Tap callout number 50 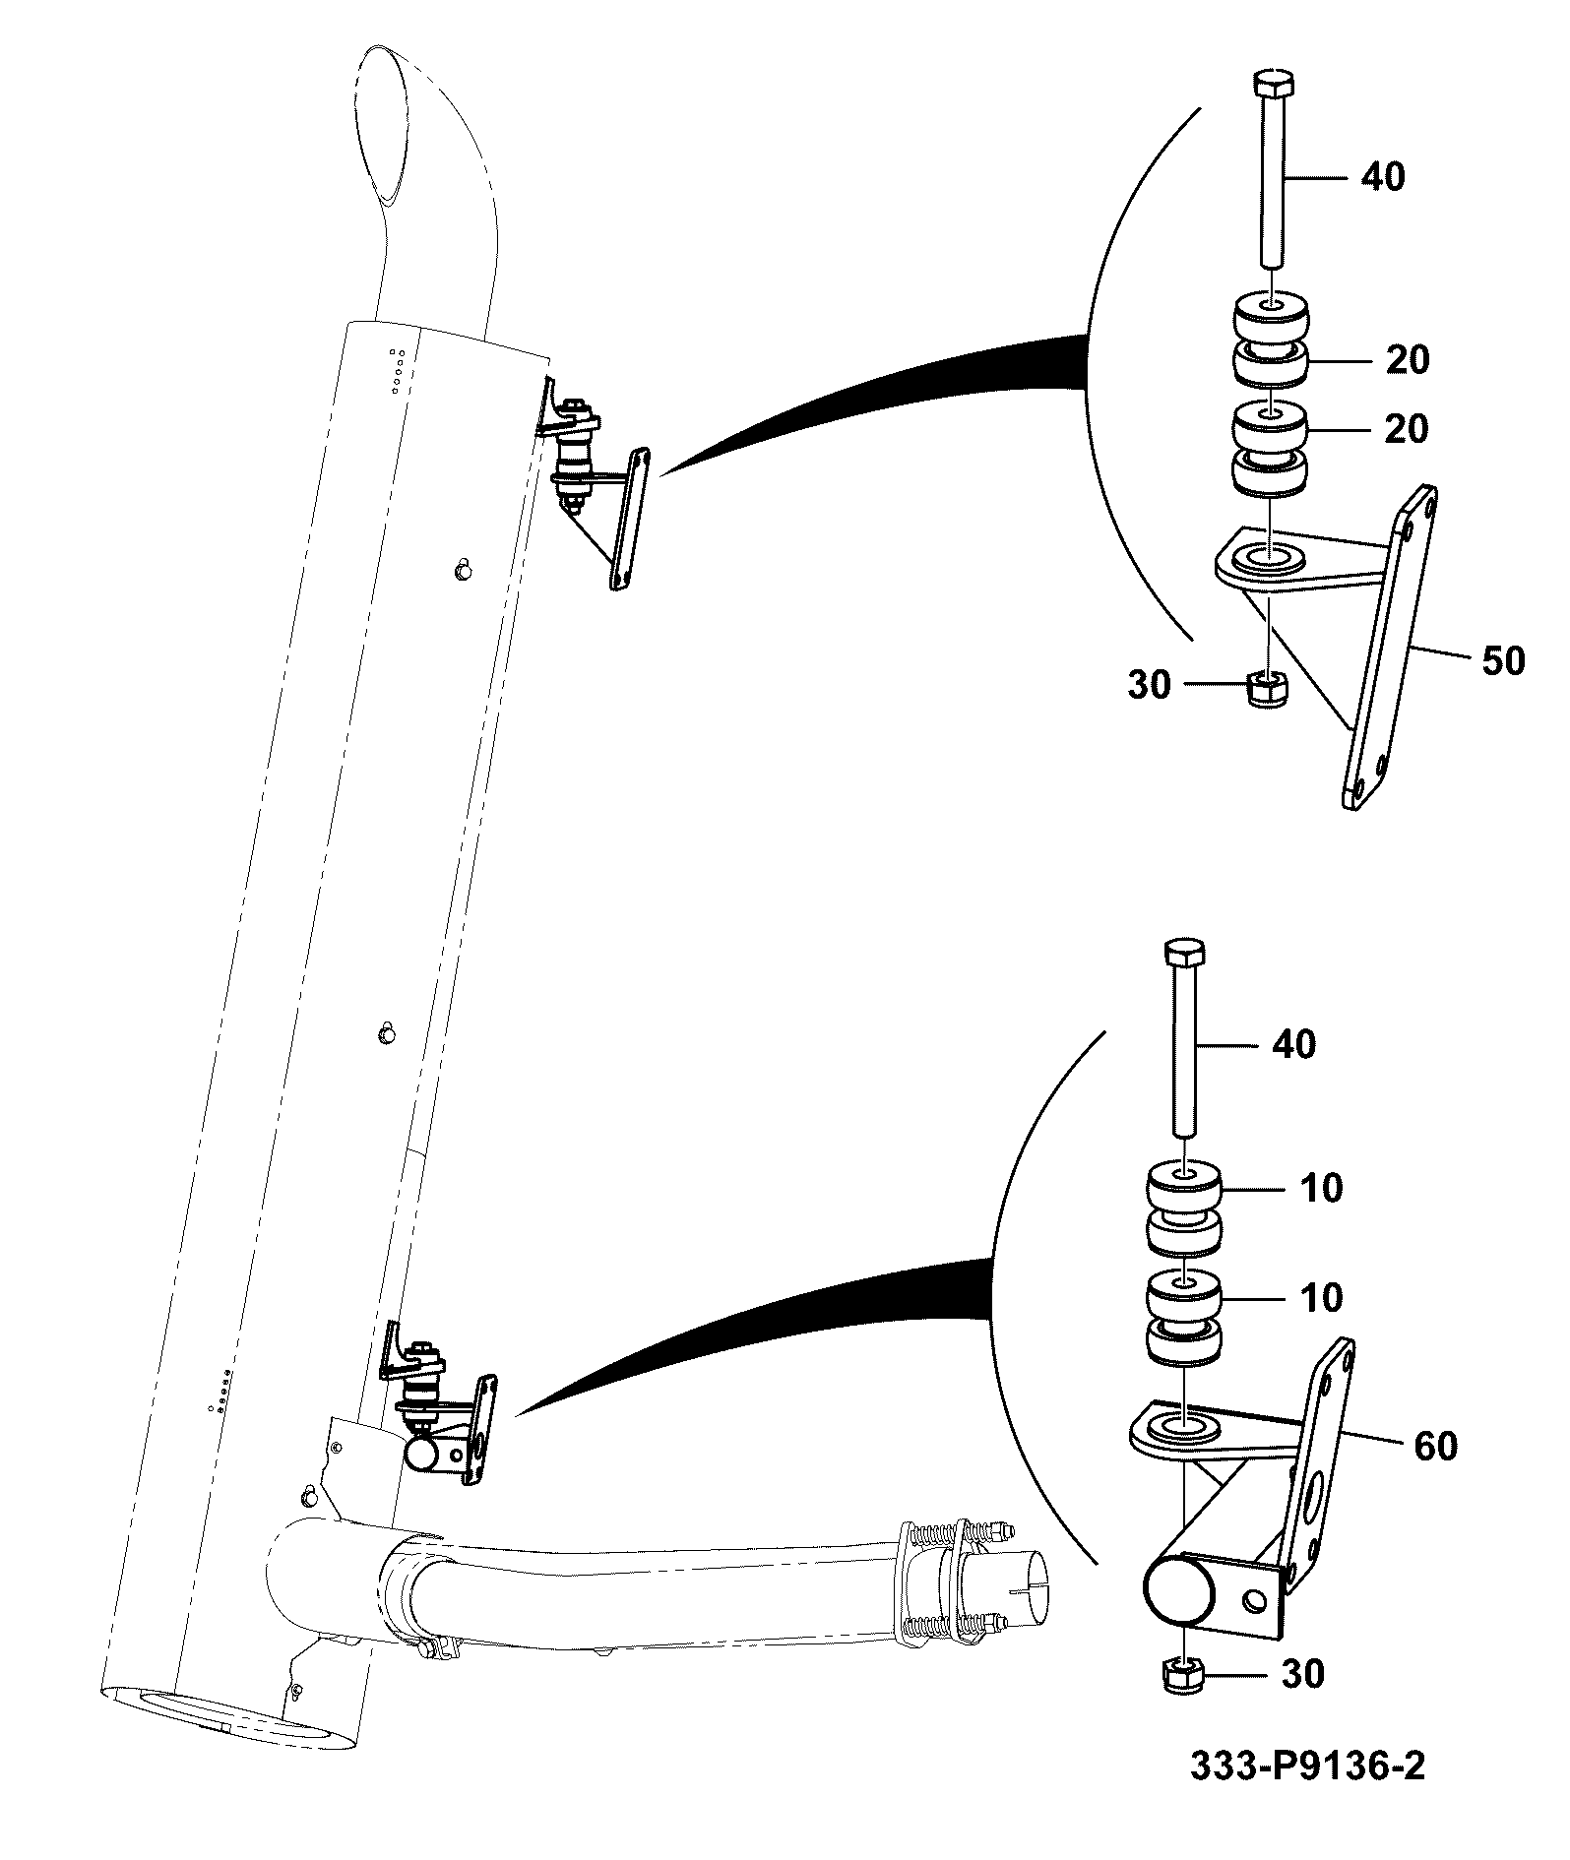click(1502, 660)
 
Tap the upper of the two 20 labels click(1407, 360)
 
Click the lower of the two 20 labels click(1407, 429)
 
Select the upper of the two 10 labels click(1321, 1188)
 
